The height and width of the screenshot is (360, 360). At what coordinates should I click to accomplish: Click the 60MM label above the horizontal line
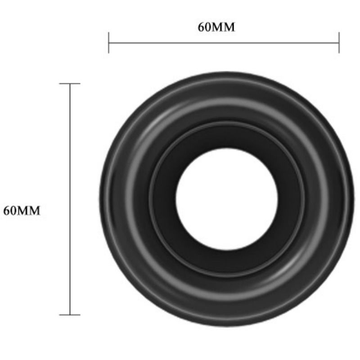pyautogui.click(x=216, y=27)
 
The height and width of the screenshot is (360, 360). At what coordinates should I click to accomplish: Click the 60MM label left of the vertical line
pyautogui.click(x=22, y=210)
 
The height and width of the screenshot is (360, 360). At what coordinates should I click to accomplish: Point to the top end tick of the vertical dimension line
pyautogui.click(x=70, y=84)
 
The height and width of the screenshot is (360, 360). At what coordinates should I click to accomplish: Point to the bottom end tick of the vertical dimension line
pyautogui.click(x=70, y=315)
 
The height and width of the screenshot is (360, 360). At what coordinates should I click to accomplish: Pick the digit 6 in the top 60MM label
pyautogui.click(x=201, y=27)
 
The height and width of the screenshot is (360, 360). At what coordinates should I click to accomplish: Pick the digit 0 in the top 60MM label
pyautogui.click(x=207, y=27)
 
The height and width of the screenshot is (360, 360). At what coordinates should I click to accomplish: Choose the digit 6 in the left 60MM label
pyautogui.click(x=6, y=210)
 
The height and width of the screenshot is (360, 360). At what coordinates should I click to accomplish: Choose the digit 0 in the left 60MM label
pyautogui.click(x=13, y=210)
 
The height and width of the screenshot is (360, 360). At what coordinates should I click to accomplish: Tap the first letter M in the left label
pyautogui.click(x=22, y=210)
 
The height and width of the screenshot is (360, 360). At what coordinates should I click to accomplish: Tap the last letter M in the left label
pyautogui.click(x=34, y=210)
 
